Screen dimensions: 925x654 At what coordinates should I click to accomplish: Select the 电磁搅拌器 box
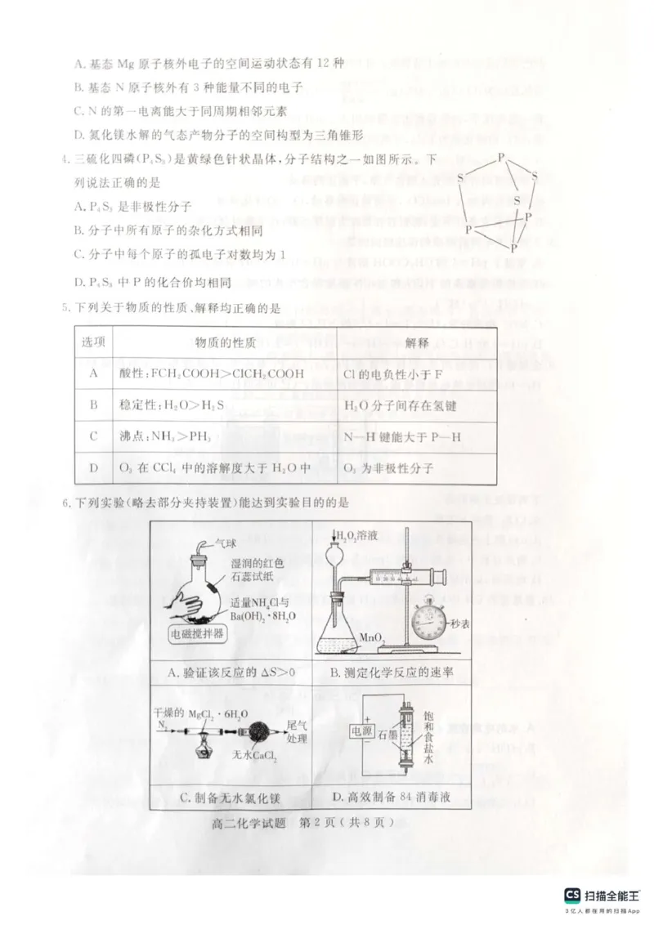(199, 633)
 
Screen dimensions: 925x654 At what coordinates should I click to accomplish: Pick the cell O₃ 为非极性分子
(388, 467)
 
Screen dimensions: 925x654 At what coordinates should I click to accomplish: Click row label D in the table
(93, 467)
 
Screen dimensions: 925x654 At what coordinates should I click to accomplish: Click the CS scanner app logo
(571, 894)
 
